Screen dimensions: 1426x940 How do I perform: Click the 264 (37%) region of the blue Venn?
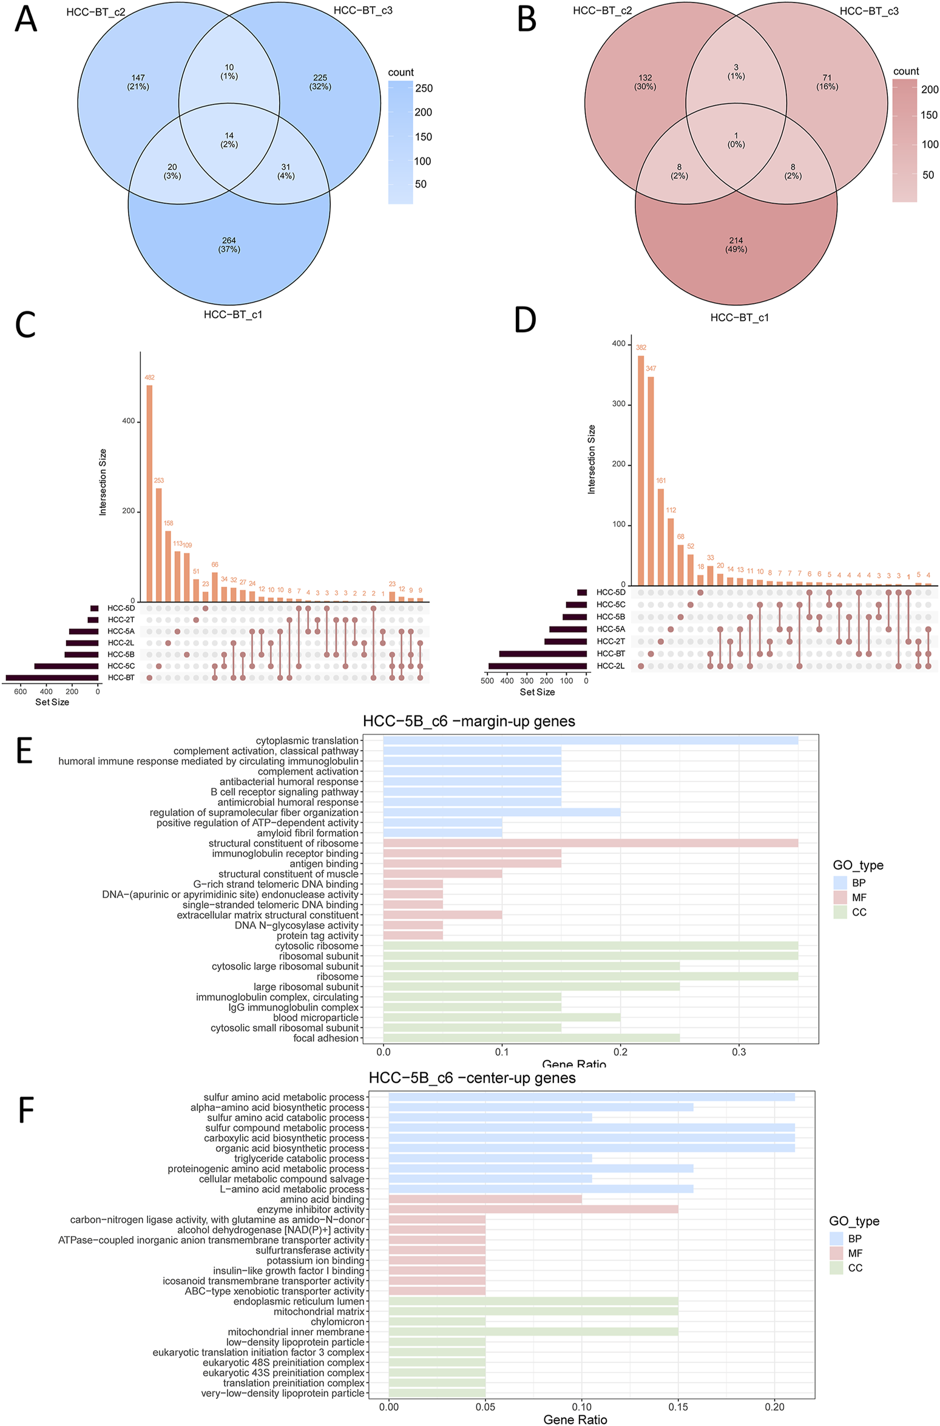point(229,245)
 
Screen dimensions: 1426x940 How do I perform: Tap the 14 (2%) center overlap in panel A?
point(229,140)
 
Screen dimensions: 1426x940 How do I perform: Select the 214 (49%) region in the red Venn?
point(735,245)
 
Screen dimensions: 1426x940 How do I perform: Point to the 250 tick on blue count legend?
point(424,89)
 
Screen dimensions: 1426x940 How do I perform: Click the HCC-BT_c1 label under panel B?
point(739,317)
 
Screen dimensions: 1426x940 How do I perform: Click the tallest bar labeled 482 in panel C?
point(149,493)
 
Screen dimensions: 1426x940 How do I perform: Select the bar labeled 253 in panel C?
point(159,544)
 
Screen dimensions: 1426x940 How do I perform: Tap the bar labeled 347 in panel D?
point(651,480)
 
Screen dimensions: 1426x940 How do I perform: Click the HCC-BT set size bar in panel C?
point(52,677)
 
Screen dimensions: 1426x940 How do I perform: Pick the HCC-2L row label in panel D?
point(610,666)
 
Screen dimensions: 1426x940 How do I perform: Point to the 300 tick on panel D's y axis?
point(618,404)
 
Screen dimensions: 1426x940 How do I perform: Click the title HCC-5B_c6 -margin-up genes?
point(468,721)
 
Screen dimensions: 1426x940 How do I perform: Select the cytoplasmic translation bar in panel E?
point(590,740)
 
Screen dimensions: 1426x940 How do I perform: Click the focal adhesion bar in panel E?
point(531,1038)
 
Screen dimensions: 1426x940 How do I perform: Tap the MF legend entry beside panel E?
point(858,897)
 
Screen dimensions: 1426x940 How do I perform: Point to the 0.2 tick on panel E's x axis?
point(620,1052)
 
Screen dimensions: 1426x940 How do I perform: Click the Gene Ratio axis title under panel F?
point(574,1419)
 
